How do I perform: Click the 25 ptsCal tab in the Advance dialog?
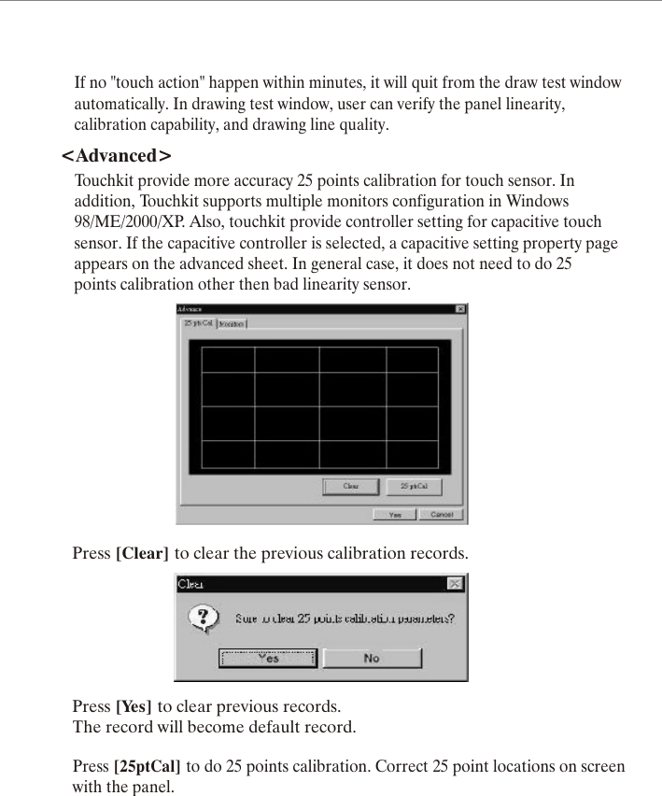click(197, 323)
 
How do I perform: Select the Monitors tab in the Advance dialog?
click(232, 323)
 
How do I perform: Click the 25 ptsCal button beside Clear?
click(414, 487)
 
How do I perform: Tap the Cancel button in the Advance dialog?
click(441, 515)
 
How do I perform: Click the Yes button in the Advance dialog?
click(395, 515)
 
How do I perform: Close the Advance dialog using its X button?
click(460, 309)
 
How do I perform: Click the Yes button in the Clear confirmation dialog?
click(268, 658)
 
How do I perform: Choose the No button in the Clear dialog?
click(372, 658)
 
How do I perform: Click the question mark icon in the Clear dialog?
click(204, 618)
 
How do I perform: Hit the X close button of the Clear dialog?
click(455, 584)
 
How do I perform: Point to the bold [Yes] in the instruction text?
click(134, 705)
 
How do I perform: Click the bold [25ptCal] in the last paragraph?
click(148, 767)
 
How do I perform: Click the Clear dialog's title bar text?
click(191, 584)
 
